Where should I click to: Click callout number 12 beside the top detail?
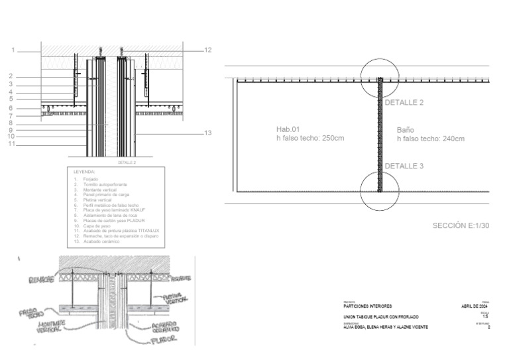(x=207, y=50)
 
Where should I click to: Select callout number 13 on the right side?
(x=207, y=133)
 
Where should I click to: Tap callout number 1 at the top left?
(x=12, y=50)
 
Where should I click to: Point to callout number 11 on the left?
(x=11, y=143)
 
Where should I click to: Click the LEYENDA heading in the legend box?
(x=84, y=171)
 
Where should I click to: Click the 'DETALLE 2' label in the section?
(x=404, y=103)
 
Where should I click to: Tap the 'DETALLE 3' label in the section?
(x=404, y=166)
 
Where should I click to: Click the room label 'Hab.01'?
(x=288, y=129)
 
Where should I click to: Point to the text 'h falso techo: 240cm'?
(x=430, y=139)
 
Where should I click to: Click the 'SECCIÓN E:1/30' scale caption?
(x=461, y=226)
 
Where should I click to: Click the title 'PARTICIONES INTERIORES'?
(x=368, y=306)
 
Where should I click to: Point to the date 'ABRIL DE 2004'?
(x=475, y=306)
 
